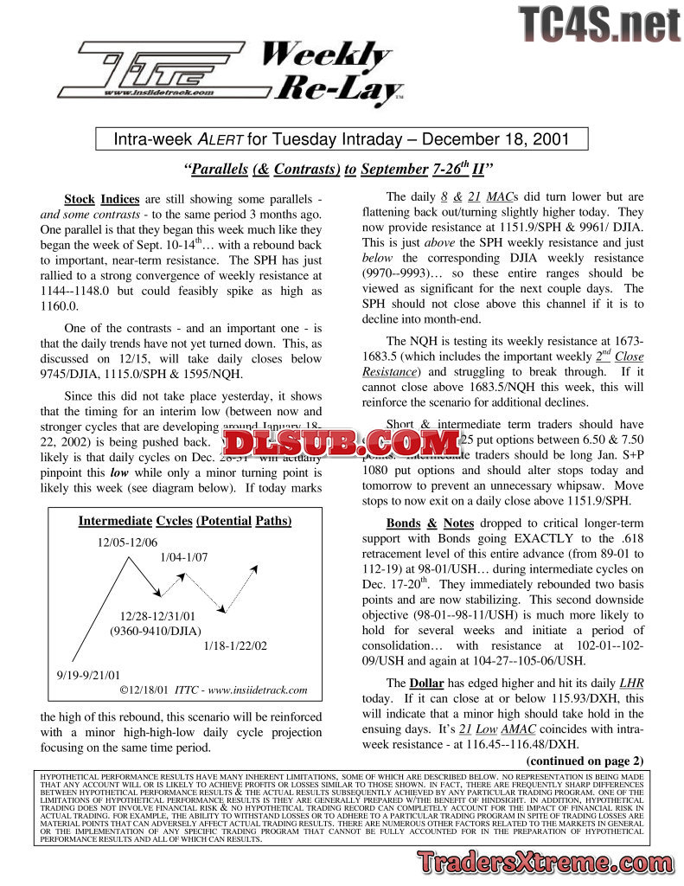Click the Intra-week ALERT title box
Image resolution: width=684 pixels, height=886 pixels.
pos(342,139)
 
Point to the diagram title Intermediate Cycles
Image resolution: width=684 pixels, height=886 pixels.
pos(185,521)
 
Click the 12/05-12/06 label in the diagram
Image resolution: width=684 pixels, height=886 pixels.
pos(127,542)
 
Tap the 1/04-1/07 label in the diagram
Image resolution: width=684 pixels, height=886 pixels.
pos(184,557)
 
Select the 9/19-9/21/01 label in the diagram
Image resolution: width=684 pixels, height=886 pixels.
pos(89,674)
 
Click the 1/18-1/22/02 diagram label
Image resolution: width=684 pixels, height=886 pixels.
pos(235,645)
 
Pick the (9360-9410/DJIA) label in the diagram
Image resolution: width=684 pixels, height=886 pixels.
pos(157,631)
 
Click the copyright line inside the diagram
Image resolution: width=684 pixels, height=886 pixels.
pos(214,690)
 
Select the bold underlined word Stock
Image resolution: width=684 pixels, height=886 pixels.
pos(80,198)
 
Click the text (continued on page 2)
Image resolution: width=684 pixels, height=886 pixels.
pos(585,761)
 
